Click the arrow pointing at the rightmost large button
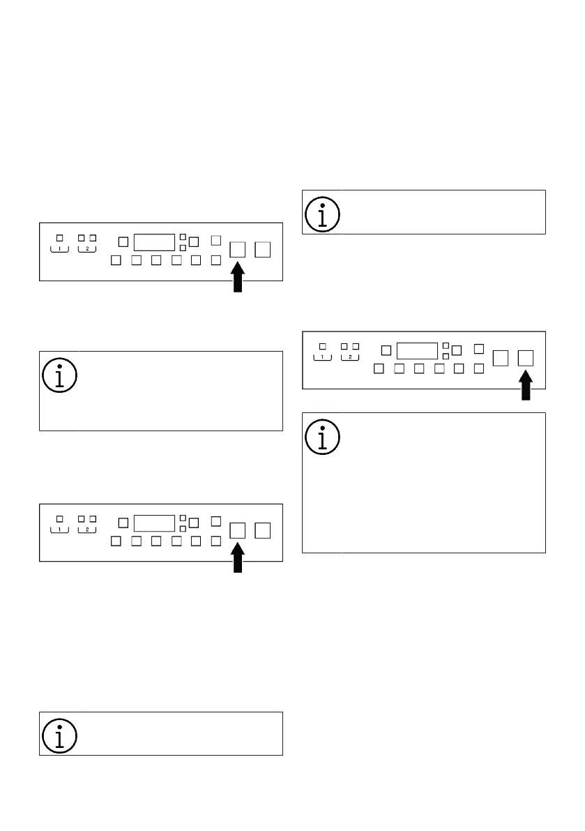(526, 386)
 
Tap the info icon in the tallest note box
(323, 437)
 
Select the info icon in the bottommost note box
(60, 735)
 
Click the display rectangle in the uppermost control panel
(153, 242)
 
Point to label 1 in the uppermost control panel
(60, 249)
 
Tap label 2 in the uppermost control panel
(86, 249)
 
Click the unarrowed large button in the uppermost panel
(263, 249)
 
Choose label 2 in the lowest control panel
(86, 530)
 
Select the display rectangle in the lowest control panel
(153, 523)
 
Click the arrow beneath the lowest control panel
(238, 559)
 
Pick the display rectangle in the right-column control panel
(416, 350)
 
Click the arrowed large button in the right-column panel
(526, 358)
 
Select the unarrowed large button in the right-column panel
(501, 358)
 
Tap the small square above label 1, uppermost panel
(60, 238)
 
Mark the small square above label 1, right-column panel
(322, 346)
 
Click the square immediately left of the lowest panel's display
(123, 523)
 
